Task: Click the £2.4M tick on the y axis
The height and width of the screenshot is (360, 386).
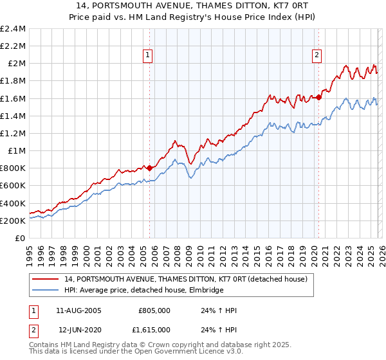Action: pos(13,29)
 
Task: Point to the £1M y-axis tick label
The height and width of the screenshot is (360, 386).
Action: pos(17,151)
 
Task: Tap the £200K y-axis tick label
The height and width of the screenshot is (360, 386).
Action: pos(13,221)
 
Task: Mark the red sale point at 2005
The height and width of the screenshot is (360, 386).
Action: pos(149,168)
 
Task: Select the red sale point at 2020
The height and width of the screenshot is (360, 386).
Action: pos(318,98)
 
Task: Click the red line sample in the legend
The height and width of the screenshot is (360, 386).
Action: pos(46,279)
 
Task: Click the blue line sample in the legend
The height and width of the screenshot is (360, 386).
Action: pos(46,290)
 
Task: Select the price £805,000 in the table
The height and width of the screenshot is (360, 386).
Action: pos(154,310)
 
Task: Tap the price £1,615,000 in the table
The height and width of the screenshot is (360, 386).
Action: pos(152,330)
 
